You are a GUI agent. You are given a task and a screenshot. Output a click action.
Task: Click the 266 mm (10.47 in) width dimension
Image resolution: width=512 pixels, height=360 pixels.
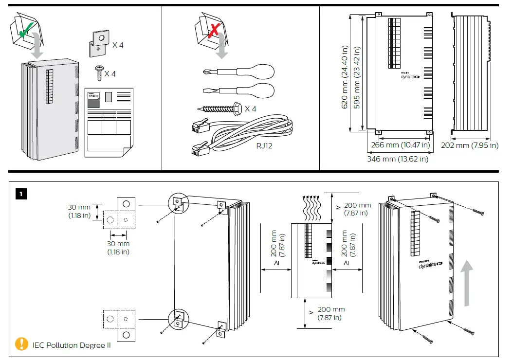[x=400, y=145]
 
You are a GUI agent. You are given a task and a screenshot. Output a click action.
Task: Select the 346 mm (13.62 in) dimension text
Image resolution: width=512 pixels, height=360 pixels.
[x=397, y=159]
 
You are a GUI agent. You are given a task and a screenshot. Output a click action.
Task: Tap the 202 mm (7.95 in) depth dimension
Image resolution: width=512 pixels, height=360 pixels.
[x=470, y=145]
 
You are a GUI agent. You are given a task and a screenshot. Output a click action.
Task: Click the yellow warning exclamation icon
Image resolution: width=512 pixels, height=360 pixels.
[x=21, y=344]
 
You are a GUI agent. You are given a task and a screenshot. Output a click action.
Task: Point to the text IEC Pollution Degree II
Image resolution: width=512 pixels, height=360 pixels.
[x=72, y=345]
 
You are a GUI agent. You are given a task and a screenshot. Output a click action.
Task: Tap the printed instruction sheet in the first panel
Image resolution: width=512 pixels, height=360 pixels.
[x=108, y=122]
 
